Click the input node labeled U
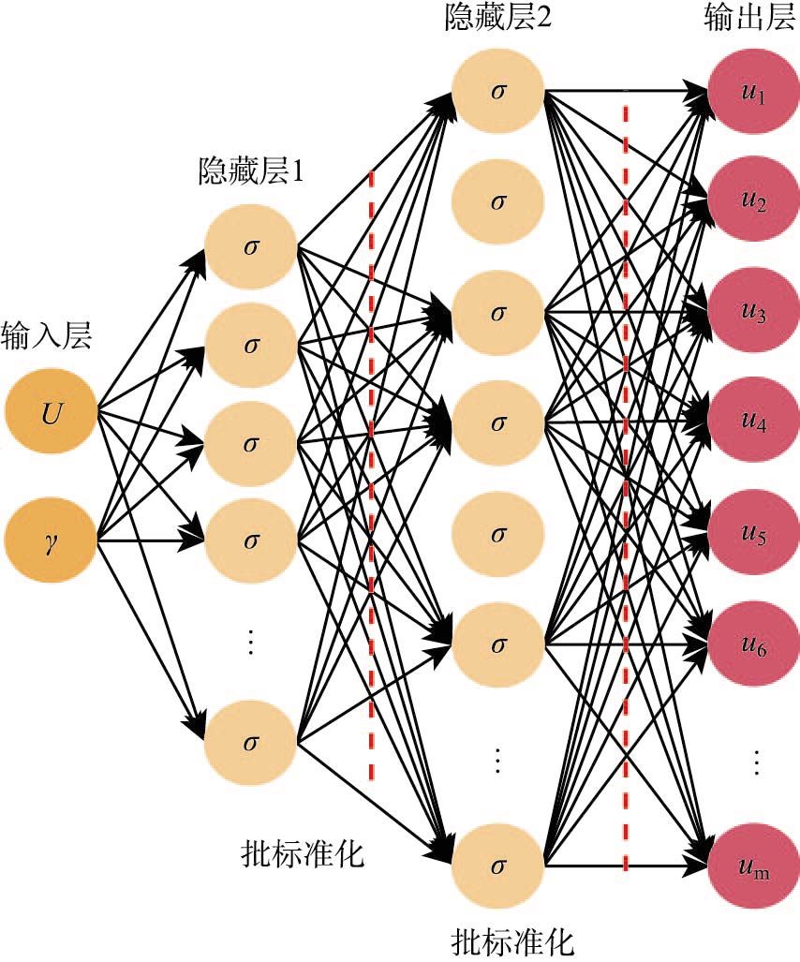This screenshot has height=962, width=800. click(51, 411)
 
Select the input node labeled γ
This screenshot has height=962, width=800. click(51, 541)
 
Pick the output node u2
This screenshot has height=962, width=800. click(754, 202)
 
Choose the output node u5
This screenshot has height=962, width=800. click(754, 535)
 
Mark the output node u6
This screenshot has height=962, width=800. click(754, 645)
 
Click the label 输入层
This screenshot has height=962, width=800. click(47, 334)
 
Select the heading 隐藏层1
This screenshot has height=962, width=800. click(250, 171)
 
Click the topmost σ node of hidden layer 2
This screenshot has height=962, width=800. click(498, 92)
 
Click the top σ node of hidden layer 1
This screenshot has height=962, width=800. click(250, 247)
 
